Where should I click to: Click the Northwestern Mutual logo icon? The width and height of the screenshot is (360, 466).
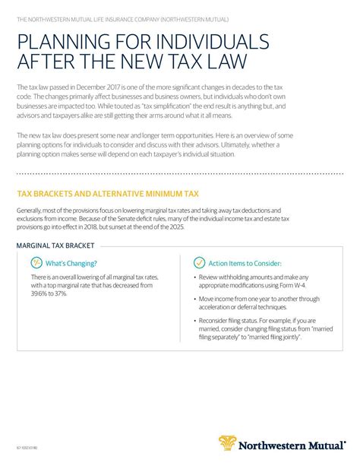[x=228, y=443]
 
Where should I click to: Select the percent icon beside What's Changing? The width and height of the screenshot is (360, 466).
[x=36, y=262]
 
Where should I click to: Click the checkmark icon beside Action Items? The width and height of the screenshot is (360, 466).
[x=199, y=262]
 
